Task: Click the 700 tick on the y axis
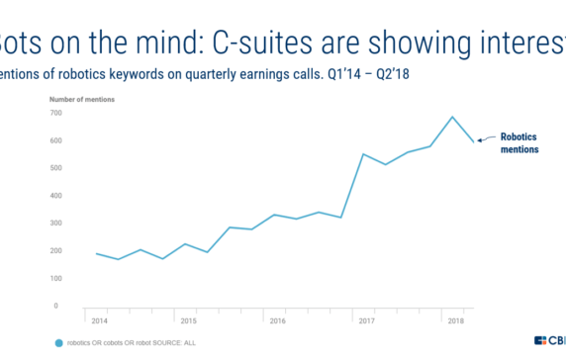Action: pyautogui.click(x=56, y=113)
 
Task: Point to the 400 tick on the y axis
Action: pyautogui.click(x=56, y=196)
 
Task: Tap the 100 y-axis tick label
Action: pyautogui.click(x=56, y=278)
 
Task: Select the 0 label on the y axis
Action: pyautogui.click(x=58, y=306)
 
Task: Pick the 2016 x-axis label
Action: pyautogui.click(x=278, y=321)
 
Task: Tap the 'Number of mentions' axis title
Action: pyautogui.click(x=79, y=99)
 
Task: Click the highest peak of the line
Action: pyautogui.click(x=453, y=117)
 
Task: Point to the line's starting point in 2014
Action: pyautogui.click(x=96, y=253)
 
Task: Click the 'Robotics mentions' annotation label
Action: pyautogui.click(x=519, y=143)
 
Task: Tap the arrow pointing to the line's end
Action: pyautogui.click(x=487, y=140)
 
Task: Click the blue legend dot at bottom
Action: pyautogui.click(x=58, y=343)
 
